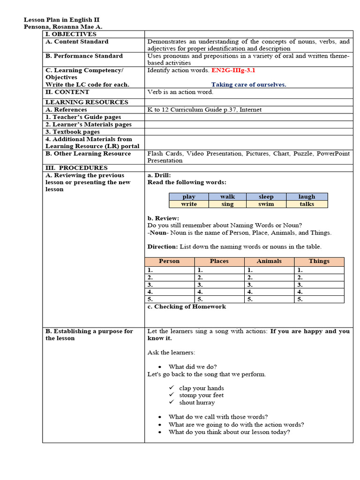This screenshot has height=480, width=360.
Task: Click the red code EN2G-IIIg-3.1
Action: (x=233, y=70)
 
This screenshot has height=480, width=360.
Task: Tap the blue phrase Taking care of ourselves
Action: (x=248, y=85)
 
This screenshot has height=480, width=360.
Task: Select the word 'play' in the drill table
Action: (x=188, y=197)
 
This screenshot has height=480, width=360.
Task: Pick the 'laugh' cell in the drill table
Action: (x=307, y=197)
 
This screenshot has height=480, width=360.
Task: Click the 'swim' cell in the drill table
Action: (x=266, y=204)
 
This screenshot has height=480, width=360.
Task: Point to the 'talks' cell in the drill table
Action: (x=307, y=204)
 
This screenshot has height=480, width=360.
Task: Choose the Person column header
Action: (x=169, y=261)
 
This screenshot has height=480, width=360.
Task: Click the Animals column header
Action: (x=269, y=261)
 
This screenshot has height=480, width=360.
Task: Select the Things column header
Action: (x=319, y=261)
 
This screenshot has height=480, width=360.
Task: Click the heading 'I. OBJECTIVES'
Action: (x=71, y=34)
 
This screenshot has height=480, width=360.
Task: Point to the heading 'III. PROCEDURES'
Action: (x=76, y=168)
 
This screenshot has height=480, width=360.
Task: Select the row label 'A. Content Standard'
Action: (x=77, y=42)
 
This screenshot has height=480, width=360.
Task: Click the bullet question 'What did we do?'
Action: (x=193, y=367)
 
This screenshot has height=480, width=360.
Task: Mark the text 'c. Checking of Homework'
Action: (x=187, y=307)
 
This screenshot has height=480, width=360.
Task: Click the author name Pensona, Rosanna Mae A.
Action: (x=63, y=27)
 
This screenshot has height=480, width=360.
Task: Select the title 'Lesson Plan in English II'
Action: (x=61, y=20)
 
